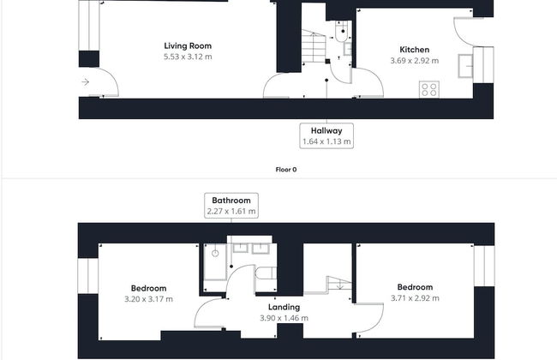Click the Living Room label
point(188,45)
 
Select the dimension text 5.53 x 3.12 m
point(188,57)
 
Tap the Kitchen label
point(414,50)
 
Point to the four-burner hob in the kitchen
point(428,88)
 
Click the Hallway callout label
point(326,130)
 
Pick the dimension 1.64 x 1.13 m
point(326,141)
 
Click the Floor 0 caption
point(286,170)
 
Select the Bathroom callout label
point(231,200)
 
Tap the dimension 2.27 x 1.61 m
point(231,211)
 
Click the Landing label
point(284,307)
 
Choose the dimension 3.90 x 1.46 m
point(284,318)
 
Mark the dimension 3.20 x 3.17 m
point(148,299)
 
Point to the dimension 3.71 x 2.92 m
point(415,298)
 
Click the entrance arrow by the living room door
point(85,82)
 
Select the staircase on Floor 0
point(314,46)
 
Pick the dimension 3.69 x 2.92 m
point(414,61)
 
